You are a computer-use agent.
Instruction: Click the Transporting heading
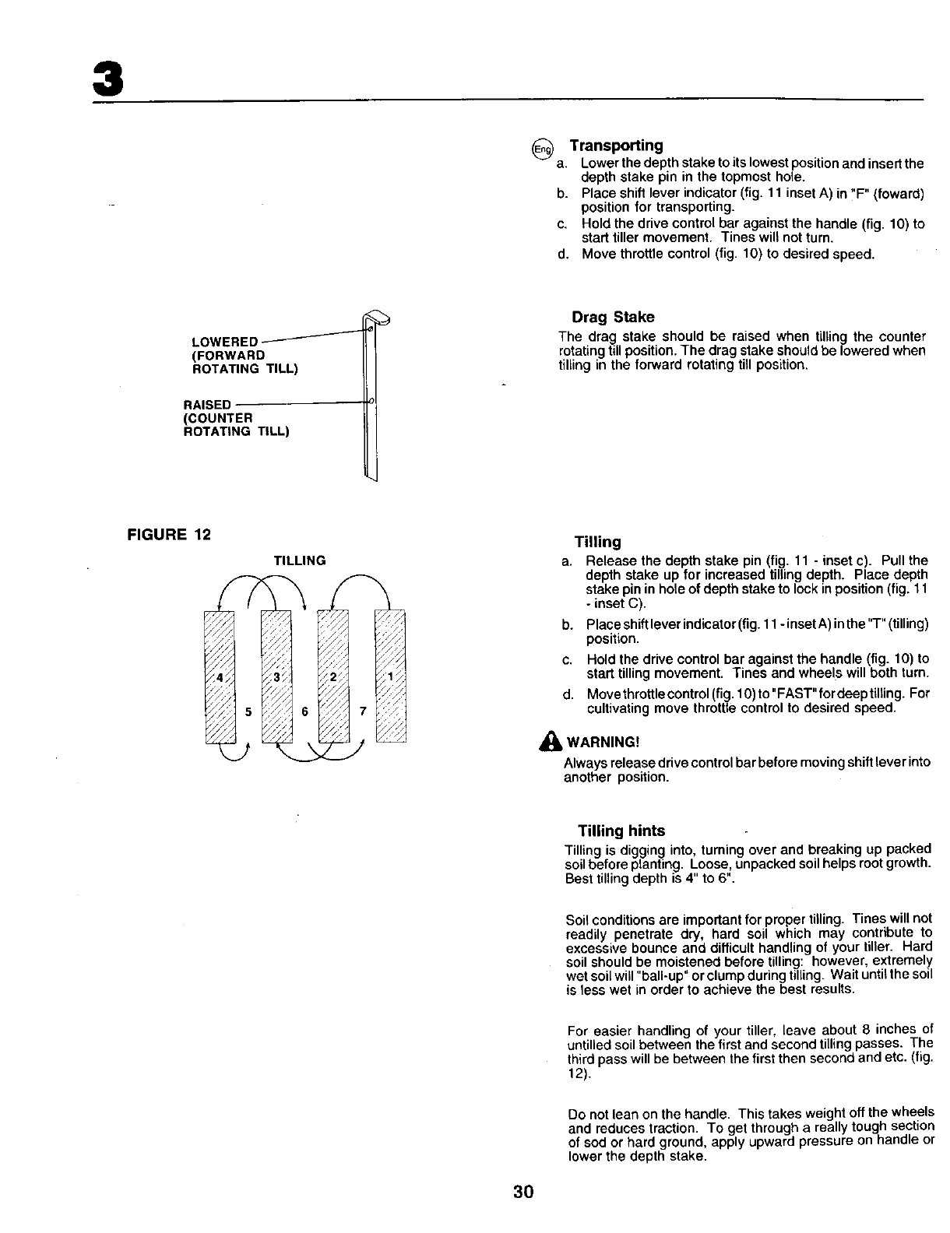616,146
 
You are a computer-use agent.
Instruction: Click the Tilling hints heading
621,831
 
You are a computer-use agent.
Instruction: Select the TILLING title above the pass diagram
299,560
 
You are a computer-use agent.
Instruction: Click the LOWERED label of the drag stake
225,342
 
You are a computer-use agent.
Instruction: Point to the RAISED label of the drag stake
206,405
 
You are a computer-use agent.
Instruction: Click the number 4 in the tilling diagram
220,676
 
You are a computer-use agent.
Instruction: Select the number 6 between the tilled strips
304,711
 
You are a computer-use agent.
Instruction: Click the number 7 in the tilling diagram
362,711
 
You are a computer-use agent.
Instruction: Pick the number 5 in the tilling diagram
248,711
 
